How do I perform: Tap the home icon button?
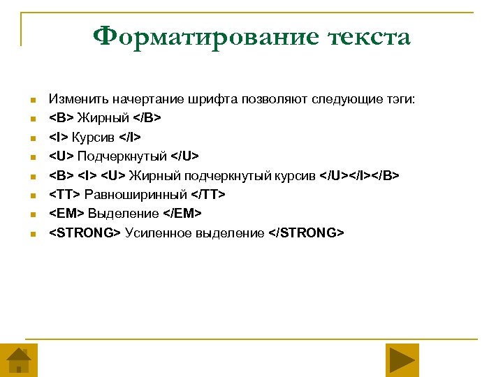[x=18, y=360]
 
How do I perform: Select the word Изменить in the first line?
[x=73, y=101]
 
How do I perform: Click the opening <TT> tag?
[x=64, y=195]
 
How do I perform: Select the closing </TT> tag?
[x=208, y=195]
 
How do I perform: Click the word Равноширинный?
[x=136, y=195]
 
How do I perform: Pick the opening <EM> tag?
[x=65, y=214]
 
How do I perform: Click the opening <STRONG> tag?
[x=84, y=232]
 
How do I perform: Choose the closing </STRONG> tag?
[x=306, y=232]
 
